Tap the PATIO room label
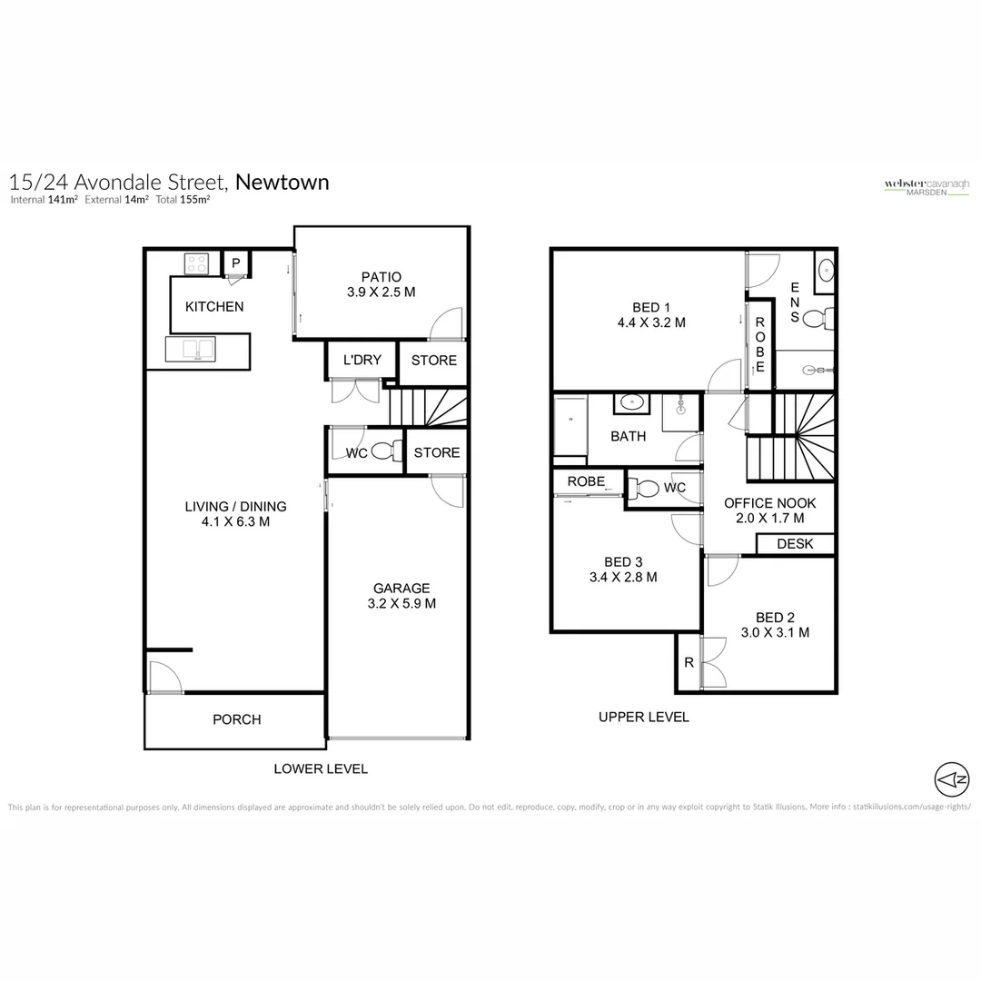(x=381, y=277)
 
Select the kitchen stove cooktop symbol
(x=197, y=263)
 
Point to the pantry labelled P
(x=236, y=263)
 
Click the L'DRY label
(x=362, y=361)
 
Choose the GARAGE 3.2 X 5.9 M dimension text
(x=401, y=603)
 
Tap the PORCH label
(x=236, y=719)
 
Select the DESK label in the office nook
(x=796, y=544)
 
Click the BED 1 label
(x=650, y=307)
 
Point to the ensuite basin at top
(x=825, y=271)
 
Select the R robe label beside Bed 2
(x=689, y=663)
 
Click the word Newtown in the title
(x=282, y=182)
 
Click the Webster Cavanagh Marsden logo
(x=926, y=186)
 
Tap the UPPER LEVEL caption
(x=643, y=717)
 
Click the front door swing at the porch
(x=163, y=677)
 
